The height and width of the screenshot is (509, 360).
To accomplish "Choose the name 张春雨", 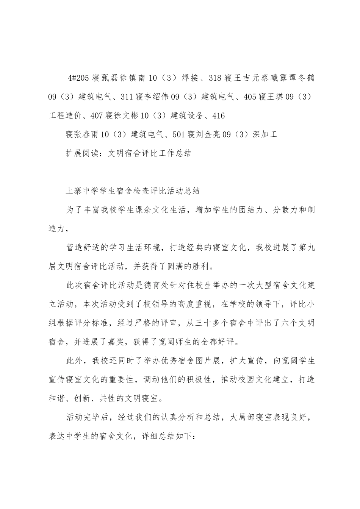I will pyautogui.click(x=85, y=134).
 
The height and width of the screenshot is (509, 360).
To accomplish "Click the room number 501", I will pyautogui.click(x=178, y=134).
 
